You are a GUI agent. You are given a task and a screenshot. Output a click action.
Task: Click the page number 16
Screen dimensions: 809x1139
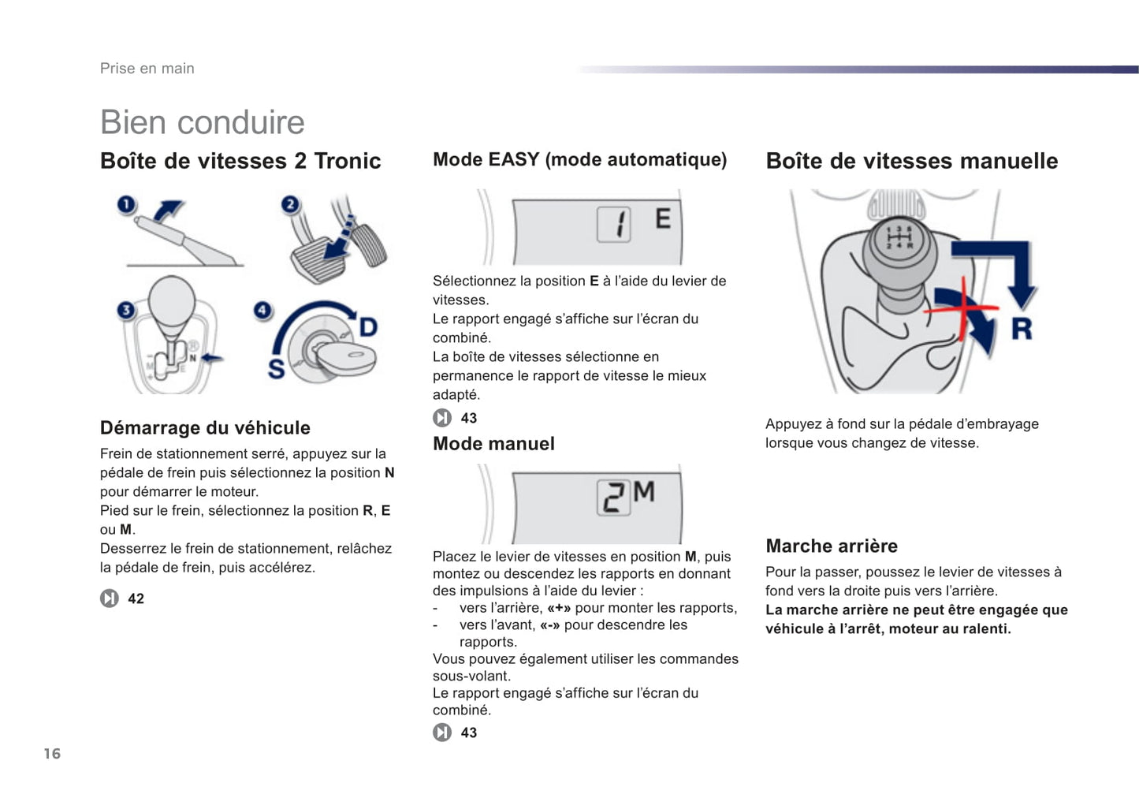pos(52,754)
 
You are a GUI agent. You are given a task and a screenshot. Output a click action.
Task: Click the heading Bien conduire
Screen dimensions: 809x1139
pos(202,122)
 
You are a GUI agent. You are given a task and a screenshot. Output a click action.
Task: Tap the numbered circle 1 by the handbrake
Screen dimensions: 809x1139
pos(126,205)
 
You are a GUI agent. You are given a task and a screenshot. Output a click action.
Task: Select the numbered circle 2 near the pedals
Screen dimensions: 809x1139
pos(291,205)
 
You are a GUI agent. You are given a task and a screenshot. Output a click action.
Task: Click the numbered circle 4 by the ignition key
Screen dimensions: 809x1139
pos(262,310)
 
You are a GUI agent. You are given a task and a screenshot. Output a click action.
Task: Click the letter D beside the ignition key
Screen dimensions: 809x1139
pos(368,326)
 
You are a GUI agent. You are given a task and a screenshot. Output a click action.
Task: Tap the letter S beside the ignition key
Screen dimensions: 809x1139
pos(276,368)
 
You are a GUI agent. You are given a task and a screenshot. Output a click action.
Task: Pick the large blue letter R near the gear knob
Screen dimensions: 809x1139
pos(1022,328)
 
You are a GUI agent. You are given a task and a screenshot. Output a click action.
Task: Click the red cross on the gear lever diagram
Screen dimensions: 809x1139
pos(962,307)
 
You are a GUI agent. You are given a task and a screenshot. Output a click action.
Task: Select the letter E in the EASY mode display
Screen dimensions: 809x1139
pos(663,218)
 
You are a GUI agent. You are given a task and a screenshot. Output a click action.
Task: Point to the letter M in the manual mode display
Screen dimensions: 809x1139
pos(644,492)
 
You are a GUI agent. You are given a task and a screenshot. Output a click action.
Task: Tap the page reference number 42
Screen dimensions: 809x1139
pos(136,598)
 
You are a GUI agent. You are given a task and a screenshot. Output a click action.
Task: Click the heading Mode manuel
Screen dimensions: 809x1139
pos(493,444)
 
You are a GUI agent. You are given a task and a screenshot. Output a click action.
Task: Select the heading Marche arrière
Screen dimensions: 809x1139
pos(832,546)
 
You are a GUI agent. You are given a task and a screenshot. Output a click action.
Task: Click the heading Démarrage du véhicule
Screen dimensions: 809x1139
pos(205,428)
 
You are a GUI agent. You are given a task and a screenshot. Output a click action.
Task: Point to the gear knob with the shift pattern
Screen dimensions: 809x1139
pos(899,240)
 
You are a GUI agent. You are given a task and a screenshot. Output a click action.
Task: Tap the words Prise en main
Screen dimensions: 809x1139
pos(147,69)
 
